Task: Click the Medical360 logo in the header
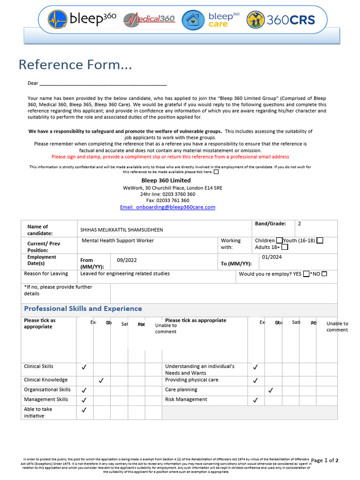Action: pyautogui.click(x=149, y=19)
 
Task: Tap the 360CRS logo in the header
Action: pyautogui.click(x=280, y=20)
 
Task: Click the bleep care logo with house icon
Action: pyautogui.click(x=210, y=20)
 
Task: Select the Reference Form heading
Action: pyautogui.click(x=75, y=64)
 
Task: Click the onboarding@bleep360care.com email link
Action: pyautogui.click(x=167, y=207)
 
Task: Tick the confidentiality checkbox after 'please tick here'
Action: pyautogui.click(x=216, y=172)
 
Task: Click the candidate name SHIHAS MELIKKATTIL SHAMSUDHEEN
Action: pyautogui.click(x=122, y=230)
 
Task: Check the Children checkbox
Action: pyautogui.click(x=279, y=240)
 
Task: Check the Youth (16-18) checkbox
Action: pyautogui.click(x=320, y=240)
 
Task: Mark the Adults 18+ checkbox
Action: pyautogui.click(x=285, y=247)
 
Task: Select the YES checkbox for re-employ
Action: pyautogui.click(x=306, y=274)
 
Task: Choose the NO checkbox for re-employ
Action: pyautogui.click(x=324, y=274)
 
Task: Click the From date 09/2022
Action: pyautogui.click(x=127, y=260)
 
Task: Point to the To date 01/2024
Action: pyautogui.click(x=272, y=257)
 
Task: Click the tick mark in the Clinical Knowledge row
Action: pyautogui.click(x=101, y=380)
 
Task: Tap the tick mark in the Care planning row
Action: pyautogui.click(x=270, y=390)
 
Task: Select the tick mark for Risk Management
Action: pyautogui.click(x=255, y=400)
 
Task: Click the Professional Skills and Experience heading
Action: pyautogui.click(x=83, y=308)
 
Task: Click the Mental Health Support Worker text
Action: pyautogui.click(x=118, y=240)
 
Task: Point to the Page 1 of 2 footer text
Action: pyautogui.click(x=324, y=460)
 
